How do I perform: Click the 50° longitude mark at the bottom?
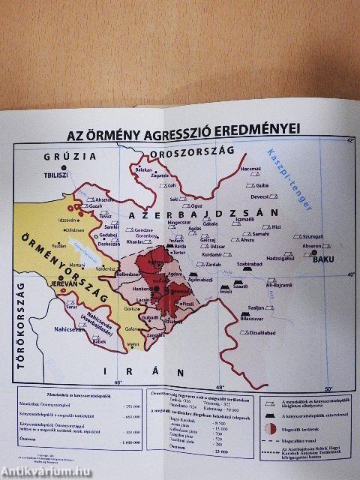point(327,387)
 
